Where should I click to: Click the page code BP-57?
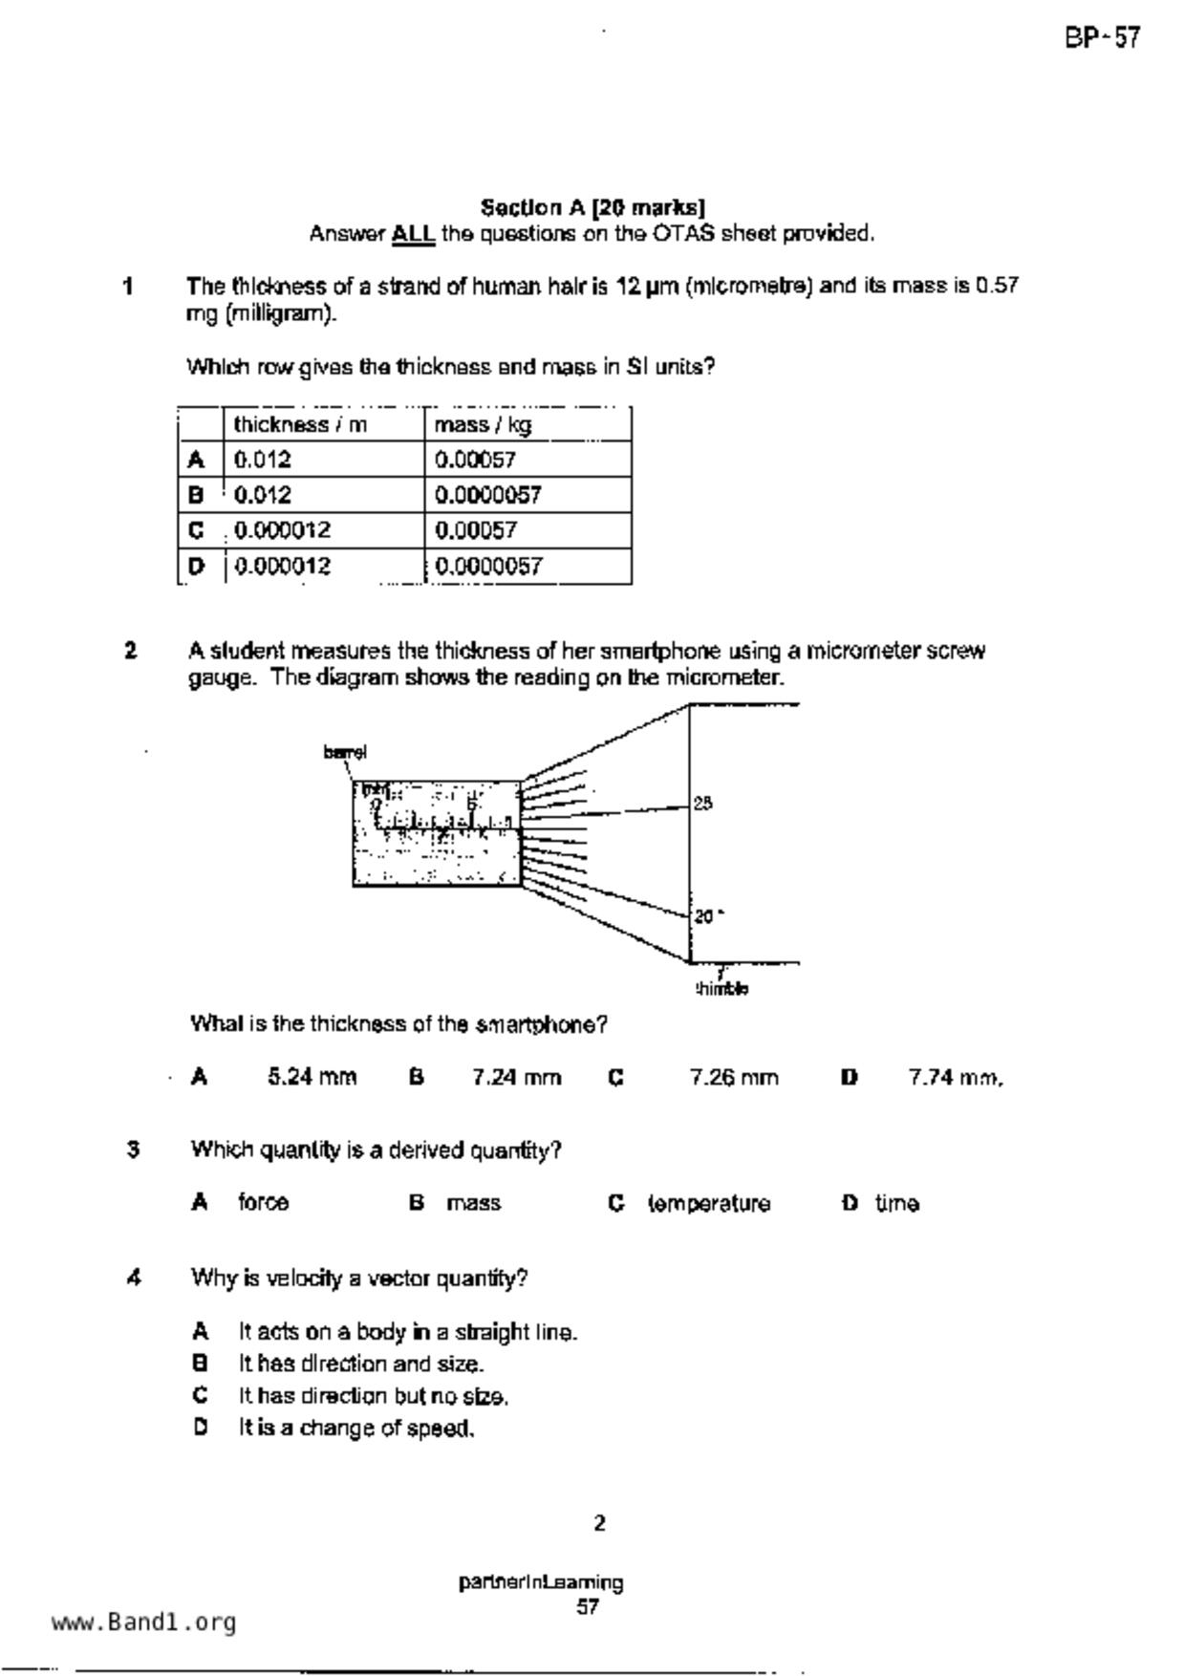click(1102, 38)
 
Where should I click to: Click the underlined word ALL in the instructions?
click(413, 234)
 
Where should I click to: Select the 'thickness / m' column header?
click(300, 424)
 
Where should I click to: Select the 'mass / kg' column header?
click(483, 424)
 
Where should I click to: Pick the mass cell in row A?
click(475, 460)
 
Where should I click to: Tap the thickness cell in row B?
click(263, 495)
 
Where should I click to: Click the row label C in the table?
click(197, 530)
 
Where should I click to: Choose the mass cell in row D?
click(488, 566)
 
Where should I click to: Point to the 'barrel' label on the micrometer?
click(345, 752)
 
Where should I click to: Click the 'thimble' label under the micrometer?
click(721, 989)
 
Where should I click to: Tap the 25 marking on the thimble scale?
click(702, 804)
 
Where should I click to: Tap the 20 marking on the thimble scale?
click(704, 916)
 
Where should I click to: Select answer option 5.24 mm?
click(312, 1078)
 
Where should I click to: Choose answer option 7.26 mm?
click(734, 1078)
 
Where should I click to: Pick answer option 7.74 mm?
click(955, 1078)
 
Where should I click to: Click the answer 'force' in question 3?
click(263, 1203)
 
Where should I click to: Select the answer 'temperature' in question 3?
click(709, 1204)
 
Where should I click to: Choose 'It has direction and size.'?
click(361, 1364)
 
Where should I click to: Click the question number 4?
click(134, 1278)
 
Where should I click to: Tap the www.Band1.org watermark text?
click(143, 1622)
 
